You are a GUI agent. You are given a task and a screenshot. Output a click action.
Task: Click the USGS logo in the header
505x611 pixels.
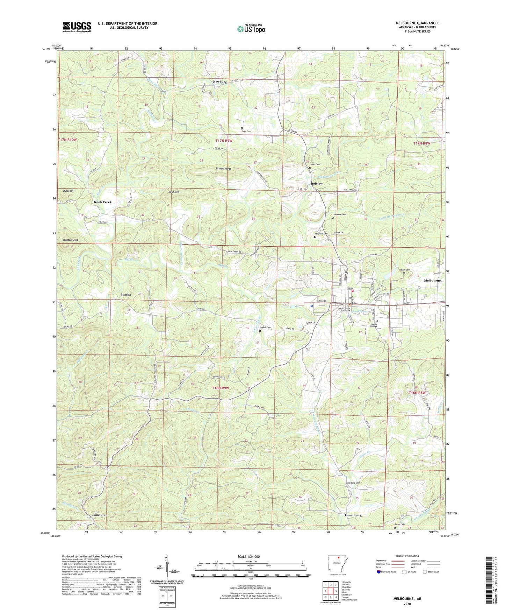coord(77,27)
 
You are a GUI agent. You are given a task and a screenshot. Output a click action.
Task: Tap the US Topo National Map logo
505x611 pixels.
coord(251,28)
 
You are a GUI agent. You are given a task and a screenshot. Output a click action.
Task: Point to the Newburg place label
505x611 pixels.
coord(220,82)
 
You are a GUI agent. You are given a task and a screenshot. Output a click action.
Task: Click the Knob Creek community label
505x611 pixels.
coord(103,202)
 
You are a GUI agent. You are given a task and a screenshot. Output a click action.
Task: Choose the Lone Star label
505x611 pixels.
coord(99,515)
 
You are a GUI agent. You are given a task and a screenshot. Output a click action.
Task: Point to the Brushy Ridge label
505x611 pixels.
coord(223,169)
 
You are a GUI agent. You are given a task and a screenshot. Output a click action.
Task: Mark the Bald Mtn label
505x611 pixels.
coord(174,192)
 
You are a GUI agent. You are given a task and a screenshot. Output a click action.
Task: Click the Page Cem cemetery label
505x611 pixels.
coord(246,131)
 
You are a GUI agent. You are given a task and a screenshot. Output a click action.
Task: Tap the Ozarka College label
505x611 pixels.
coord(372,325)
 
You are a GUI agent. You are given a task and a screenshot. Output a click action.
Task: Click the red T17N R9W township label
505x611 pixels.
coord(224,141)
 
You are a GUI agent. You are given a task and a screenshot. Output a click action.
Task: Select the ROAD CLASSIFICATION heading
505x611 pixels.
coord(407,556)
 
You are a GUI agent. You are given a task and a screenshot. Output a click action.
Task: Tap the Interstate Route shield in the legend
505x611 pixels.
coord(380,572)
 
